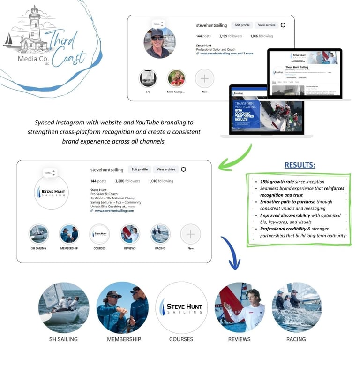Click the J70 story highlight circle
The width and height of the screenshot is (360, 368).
coord(148,78)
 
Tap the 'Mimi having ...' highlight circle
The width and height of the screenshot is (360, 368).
coord(176,78)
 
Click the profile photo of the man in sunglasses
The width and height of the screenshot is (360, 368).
coord(160,42)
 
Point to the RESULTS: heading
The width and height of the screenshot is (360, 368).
coord(300,165)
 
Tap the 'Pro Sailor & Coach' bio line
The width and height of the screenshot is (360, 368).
coord(105,194)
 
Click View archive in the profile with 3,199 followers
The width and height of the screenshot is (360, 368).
coord(267,25)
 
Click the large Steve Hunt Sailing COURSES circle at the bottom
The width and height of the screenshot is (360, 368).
coord(181,307)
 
